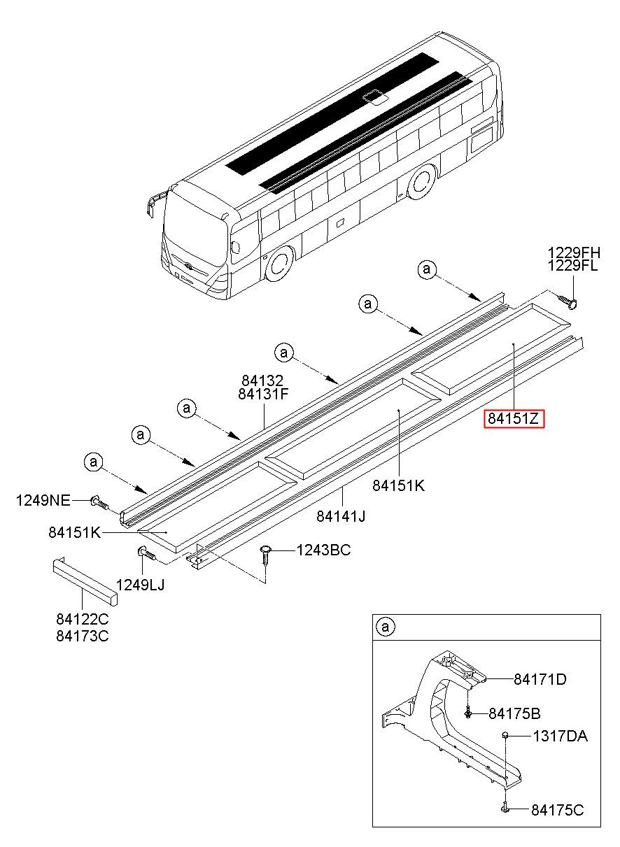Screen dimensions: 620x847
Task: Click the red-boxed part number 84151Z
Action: pos(514,418)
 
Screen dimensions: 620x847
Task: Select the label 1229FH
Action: pos(574,252)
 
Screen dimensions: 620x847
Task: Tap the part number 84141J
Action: pos(341,515)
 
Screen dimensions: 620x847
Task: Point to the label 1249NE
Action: pos(43,500)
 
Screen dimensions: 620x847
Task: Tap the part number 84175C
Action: pos(558,810)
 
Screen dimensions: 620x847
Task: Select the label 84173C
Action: pos(83,636)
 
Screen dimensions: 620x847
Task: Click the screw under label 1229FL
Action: pos(568,301)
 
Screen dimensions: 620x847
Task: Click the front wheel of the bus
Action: pos(279,264)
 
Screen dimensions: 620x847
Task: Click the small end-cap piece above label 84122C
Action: pos(85,581)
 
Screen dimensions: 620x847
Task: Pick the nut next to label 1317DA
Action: pos(505,734)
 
